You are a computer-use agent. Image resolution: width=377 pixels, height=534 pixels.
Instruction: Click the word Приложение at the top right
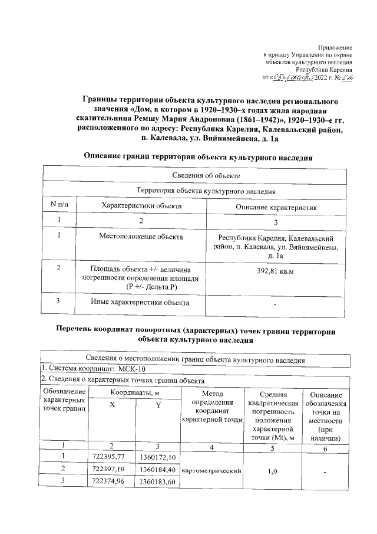335,47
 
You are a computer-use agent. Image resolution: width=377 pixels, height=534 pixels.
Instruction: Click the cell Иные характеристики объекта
141,303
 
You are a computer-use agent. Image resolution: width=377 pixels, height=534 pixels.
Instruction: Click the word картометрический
213,471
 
